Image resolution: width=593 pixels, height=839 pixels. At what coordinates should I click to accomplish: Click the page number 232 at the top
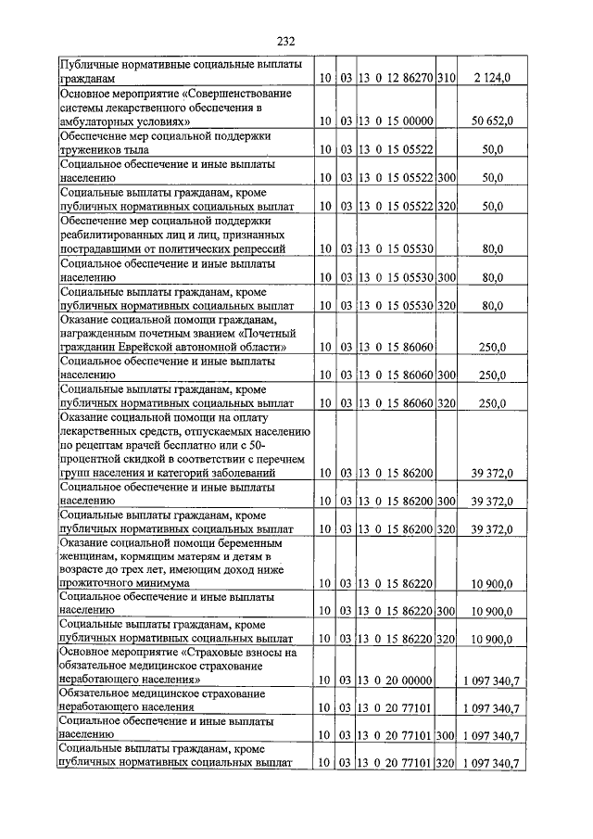coord(284,41)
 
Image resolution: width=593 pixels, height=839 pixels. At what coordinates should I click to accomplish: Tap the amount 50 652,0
coord(492,121)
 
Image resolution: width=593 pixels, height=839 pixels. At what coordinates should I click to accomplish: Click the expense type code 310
coord(448,80)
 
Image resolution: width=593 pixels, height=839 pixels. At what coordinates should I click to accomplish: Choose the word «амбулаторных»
coord(100,121)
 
